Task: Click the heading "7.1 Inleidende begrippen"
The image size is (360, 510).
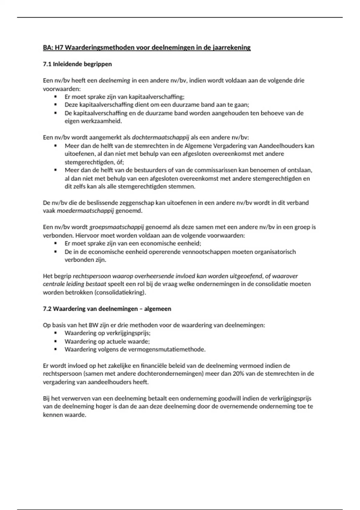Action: [x=77, y=64]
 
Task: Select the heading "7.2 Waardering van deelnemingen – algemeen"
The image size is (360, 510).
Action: [x=107, y=309]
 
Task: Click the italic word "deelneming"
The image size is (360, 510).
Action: [x=114, y=80]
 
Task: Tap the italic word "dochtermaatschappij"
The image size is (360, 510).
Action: [x=160, y=137]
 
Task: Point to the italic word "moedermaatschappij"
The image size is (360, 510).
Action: [x=85, y=211]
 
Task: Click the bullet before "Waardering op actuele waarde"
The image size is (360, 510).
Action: [x=55, y=341]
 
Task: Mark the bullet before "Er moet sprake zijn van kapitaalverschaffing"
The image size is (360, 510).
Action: [x=55, y=97]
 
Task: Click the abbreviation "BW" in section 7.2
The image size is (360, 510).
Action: [x=92, y=325]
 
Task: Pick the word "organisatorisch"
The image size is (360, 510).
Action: [x=275, y=252]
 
